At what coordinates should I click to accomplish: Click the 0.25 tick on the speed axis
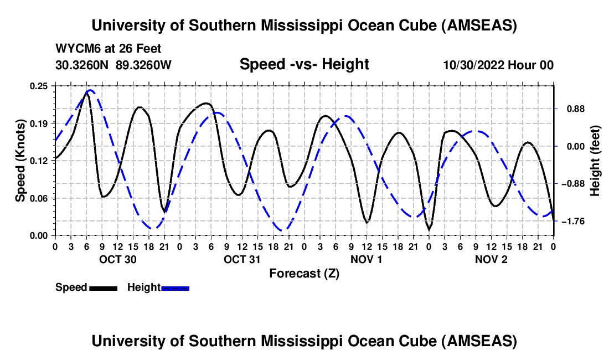point(40,85)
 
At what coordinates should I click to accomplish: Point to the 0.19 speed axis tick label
point(40,123)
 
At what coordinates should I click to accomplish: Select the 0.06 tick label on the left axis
point(40,198)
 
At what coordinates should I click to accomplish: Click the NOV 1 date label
point(367,259)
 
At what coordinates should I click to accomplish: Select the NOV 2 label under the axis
point(491,259)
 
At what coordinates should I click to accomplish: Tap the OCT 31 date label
point(242,259)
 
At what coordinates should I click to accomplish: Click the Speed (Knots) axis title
point(20,161)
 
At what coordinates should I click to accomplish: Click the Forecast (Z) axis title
point(304,273)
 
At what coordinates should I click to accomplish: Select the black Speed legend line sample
point(103,288)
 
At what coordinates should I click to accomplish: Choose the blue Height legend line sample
point(175,288)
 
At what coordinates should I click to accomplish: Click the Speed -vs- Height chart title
point(304,65)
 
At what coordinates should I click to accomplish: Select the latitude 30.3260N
point(82,65)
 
